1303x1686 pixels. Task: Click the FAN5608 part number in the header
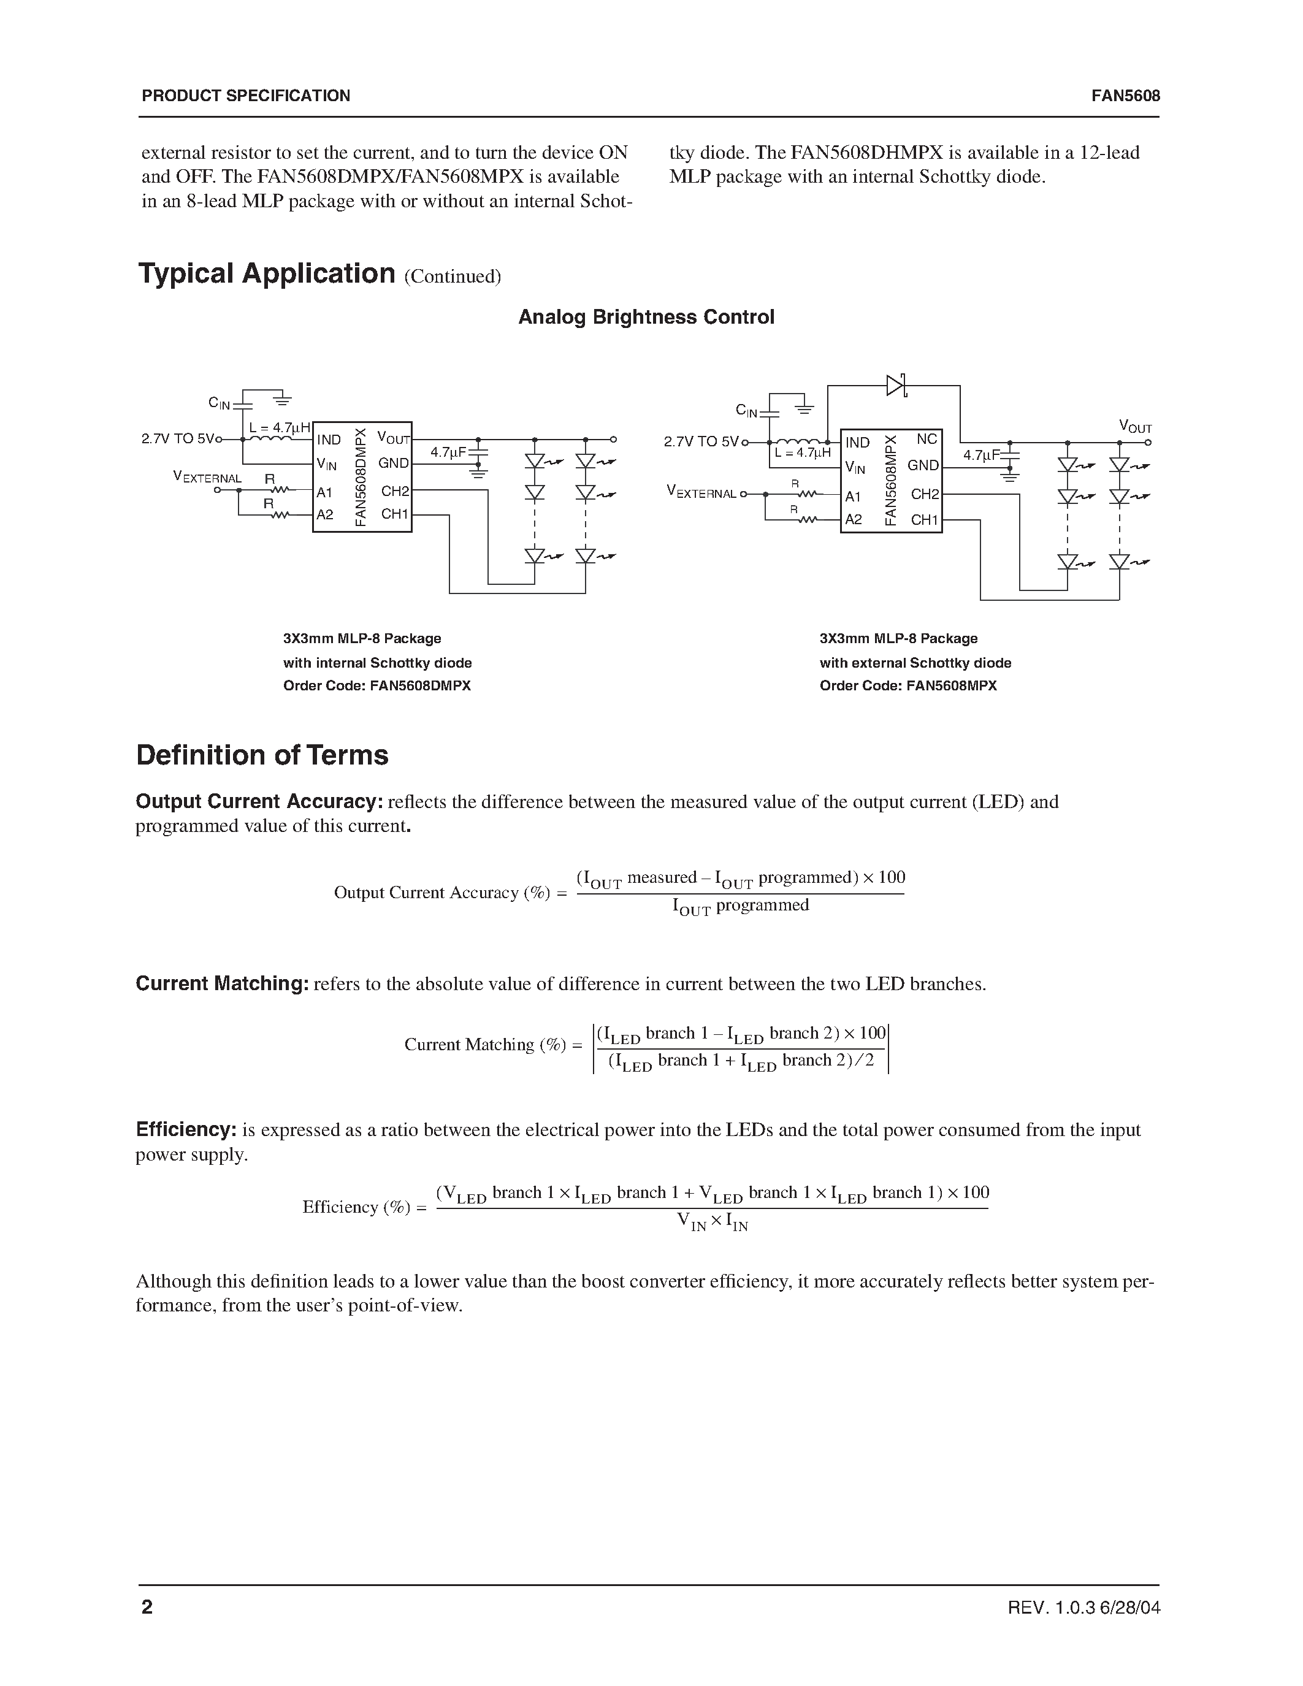click(1125, 96)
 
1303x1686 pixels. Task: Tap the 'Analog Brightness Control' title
click(646, 318)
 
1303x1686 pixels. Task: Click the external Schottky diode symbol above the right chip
click(895, 384)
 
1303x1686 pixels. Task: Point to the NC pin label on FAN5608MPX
click(927, 439)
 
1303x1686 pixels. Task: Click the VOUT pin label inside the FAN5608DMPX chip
click(393, 438)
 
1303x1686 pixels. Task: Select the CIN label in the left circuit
click(220, 403)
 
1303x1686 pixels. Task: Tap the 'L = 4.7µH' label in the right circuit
click(802, 453)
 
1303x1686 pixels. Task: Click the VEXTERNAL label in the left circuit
click(207, 478)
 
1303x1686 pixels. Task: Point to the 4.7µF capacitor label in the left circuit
click(448, 452)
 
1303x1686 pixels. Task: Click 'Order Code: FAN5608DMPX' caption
click(376, 685)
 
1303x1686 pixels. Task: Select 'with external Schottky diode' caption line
click(915, 662)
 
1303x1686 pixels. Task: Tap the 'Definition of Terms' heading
click(262, 755)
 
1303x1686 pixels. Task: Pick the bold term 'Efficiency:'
click(186, 1130)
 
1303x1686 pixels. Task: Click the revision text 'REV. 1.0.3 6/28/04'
click(1083, 1608)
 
